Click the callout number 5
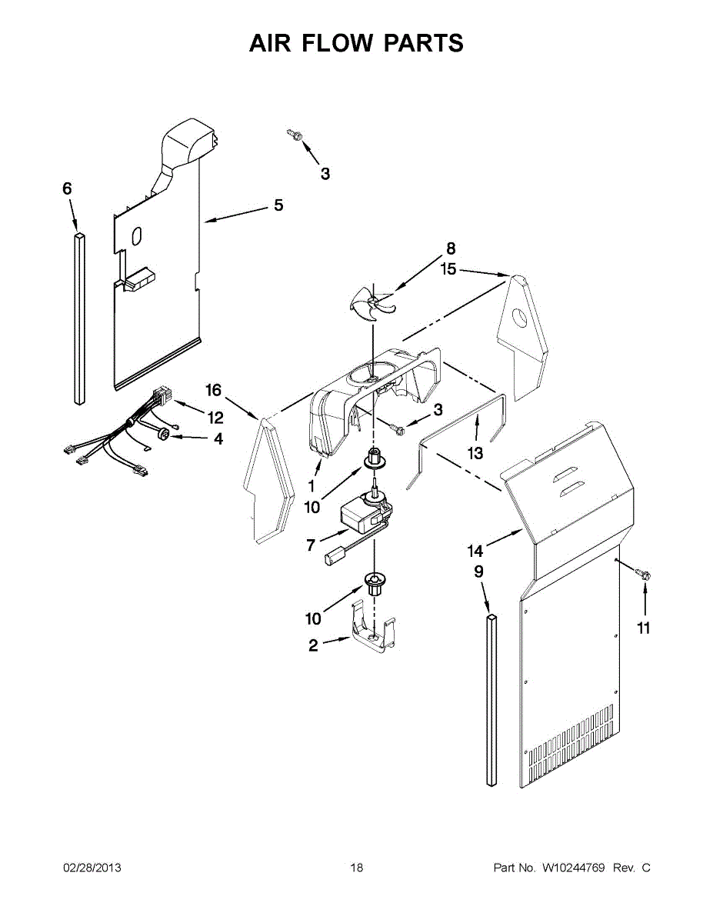[278, 205]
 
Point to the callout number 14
[475, 551]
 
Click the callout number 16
[213, 391]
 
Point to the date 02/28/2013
[92, 868]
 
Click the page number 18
[356, 868]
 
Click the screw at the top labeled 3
[294, 135]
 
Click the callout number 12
[214, 418]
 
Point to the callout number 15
[448, 270]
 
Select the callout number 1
[312, 485]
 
